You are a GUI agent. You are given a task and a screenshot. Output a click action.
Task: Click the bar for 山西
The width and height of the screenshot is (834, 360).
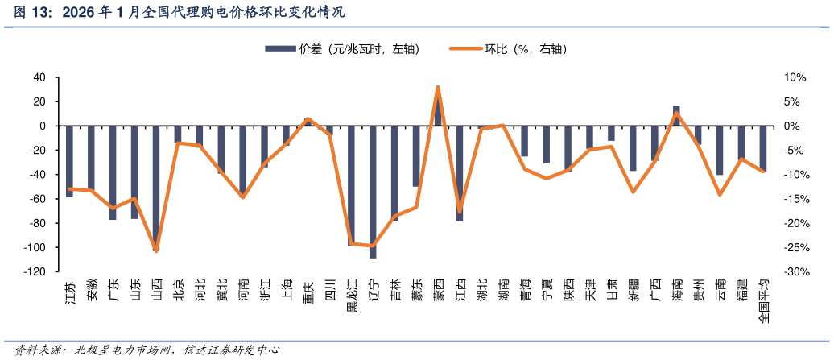click(x=156, y=188)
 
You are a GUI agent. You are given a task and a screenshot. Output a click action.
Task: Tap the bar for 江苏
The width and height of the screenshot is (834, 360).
click(x=69, y=161)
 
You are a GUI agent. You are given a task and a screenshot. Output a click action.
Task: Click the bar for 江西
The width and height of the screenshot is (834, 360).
click(x=460, y=173)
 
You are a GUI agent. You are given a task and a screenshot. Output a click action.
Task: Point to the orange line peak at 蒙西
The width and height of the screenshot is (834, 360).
click(x=438, y=87)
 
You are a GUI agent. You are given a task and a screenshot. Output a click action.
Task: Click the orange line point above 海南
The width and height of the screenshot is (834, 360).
click(x=676, y=113)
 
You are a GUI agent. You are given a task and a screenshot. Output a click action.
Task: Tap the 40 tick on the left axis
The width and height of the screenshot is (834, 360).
click(x=39, y=77)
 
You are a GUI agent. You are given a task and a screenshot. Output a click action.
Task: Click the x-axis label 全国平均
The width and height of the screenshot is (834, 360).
click(x=763, y=301)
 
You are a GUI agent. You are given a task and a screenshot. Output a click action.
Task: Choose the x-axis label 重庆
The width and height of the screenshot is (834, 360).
click(x=308, y=289)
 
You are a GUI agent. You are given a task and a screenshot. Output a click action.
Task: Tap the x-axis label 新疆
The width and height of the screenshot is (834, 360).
click(x=633, y=289)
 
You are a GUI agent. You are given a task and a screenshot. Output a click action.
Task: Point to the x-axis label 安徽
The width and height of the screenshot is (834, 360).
click(x=91, y=289)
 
